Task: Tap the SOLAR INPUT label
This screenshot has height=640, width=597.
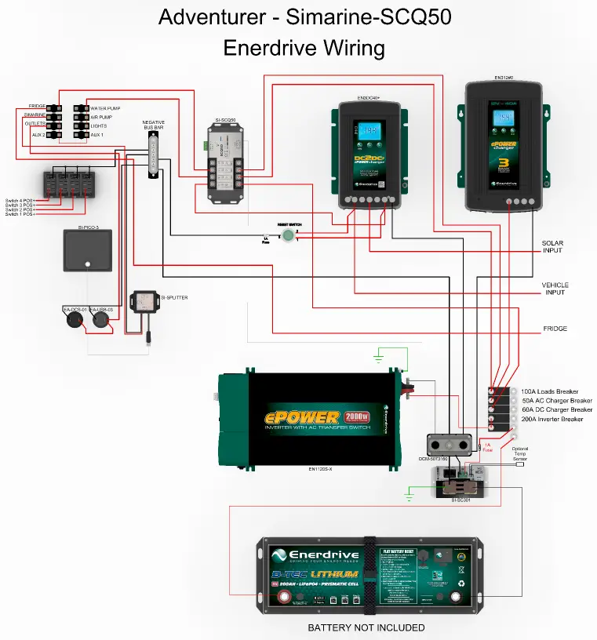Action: (x=553, y=247)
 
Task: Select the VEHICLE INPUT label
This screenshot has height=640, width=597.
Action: (x=555, y=289)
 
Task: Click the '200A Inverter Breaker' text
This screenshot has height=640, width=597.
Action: (x=552, y=419)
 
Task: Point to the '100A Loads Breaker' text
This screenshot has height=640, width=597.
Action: (x=549, y=391)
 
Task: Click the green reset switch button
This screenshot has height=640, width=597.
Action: (x=289, y=235)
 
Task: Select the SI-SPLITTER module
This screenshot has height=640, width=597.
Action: (x=144, y=301)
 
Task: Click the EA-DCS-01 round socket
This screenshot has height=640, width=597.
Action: (x=74, y=321)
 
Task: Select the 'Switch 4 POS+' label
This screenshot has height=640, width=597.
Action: (x=20, y=199)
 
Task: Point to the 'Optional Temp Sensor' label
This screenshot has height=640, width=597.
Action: (x=520, y=453)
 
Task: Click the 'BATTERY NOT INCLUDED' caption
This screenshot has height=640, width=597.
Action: (x=366, y=627)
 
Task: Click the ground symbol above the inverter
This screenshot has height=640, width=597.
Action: (x=378, y=358)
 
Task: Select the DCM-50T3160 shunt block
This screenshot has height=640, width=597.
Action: (x=448, y=445)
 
